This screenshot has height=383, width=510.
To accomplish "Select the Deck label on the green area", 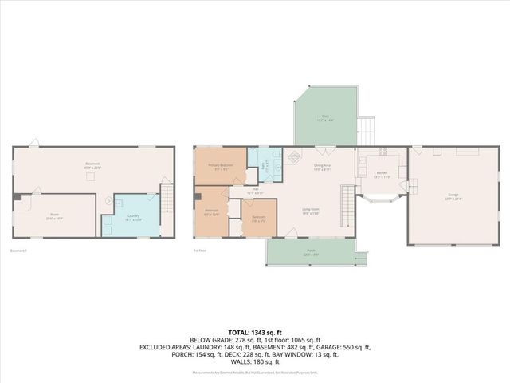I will tap(325, 117).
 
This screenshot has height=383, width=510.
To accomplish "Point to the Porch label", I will tap(310, 251).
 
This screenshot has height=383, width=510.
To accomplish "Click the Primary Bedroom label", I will tap(219, 167).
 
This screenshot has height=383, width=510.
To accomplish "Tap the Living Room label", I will tap(310, 211).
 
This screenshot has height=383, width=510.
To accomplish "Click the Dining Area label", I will tap(322, 167).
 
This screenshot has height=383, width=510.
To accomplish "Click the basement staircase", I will tap(167, 196).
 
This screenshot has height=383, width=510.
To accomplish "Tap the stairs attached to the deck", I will tap(366, 130).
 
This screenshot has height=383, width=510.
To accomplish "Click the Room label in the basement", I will tap(55, 215).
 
